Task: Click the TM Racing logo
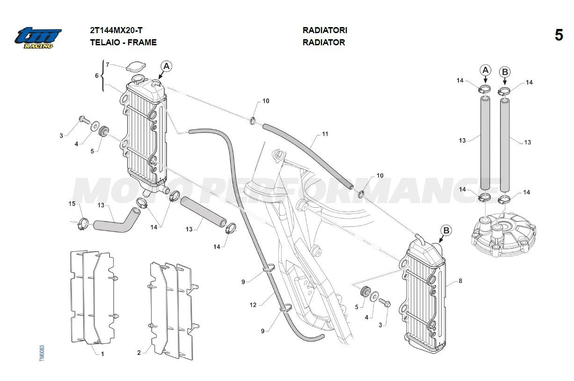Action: click(x=37, y=37)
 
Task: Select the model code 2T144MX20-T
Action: click(x=116, y=30)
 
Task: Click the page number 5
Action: click(x=559, y=35)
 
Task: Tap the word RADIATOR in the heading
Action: click(x=324, y=42)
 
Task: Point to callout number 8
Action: click(x=460, y=281)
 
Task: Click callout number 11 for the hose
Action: click(x=325, y=134)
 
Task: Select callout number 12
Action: click(x=253, y=305)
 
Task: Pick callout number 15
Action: click(x=72, y=204)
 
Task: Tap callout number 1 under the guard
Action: click(x=102, y=353)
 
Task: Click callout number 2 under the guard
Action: click(x=139, y=353)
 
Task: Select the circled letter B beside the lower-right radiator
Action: click(x=446, y=230)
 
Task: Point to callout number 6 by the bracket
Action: click(x=97, y=75)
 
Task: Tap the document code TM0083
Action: click(x=42, y=353)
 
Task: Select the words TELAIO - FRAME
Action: click(x=123, y=42)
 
